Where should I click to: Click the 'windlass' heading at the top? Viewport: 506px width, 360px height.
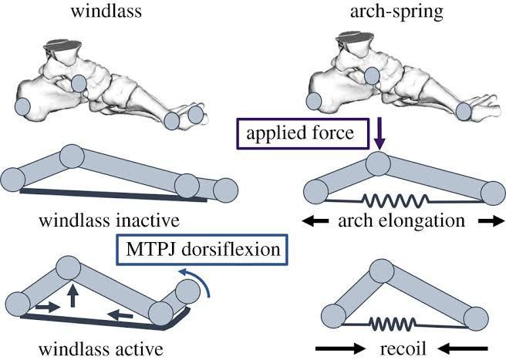click(106, 11)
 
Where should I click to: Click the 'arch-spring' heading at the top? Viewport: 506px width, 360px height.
click(396, 12)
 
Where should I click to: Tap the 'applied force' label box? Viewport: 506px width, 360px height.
click(303, 134)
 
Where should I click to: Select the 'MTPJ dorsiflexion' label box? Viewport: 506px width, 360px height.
click(202, 250)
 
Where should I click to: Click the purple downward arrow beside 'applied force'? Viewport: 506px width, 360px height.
click(379, 133)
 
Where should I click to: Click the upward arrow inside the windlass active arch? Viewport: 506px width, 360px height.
click(73, 295)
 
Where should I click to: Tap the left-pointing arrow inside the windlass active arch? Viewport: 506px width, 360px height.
click(120, 315)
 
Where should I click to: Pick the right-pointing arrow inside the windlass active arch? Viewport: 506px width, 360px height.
click(48, 307)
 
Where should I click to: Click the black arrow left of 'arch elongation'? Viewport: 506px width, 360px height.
click(315, 221)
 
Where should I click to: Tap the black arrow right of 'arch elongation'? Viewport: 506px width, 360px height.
click(491, 221)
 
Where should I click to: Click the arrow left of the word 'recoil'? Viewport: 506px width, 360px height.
click(340, 348)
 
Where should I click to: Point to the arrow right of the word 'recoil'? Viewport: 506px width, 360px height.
click(463, 348)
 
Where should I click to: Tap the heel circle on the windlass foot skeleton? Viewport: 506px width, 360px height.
click(22, 106)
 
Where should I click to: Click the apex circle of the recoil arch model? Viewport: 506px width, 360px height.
click(382, 271)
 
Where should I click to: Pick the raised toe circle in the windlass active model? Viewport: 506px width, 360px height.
click(187, 291)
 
